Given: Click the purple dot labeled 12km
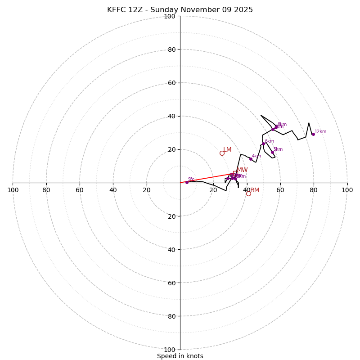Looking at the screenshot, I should click(313, 134).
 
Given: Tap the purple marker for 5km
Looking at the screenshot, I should click(272, 152).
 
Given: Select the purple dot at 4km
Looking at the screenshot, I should click(251, 159).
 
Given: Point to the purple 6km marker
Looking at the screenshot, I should click(263, 144).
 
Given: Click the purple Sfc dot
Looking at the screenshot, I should click(187, 182).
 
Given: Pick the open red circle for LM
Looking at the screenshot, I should click(222, 153).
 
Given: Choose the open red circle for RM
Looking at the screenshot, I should click(248, 193).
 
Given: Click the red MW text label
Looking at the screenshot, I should click(242, 170).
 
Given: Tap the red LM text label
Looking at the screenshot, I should click(227, 150).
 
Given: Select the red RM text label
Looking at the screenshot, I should click(255, 190).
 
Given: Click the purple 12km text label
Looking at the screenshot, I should click(320, 132).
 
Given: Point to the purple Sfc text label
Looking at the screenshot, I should click(191, 179).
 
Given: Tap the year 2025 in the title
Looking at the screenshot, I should click(243, 10).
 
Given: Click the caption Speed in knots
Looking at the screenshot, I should click(180, 356).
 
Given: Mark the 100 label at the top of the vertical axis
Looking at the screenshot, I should click(170, 17).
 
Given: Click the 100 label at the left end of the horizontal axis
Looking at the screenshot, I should click(13, 190).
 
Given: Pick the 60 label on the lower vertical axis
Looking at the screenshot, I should click(172, 283).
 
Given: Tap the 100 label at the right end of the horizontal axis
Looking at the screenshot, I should click(347, 190).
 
